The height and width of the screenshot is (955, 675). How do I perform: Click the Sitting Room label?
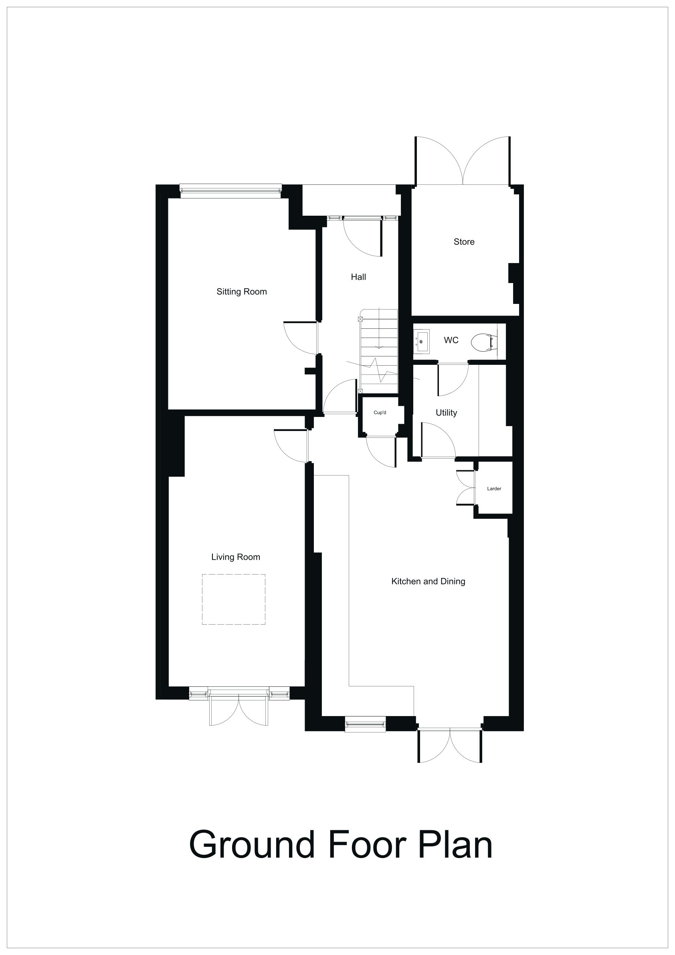pyautogui.click(x=242, y=291)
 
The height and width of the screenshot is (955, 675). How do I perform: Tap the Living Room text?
pyautogui.click(x=235, y=557)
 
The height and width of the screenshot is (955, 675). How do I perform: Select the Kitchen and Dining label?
pyautogui.click(x=428, y=581)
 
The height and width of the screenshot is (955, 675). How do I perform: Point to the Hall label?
pyautogui.click(x=358, y=277)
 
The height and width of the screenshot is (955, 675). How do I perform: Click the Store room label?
pyautogui.click(x=464, y=242)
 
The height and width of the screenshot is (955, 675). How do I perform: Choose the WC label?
pyautogui.click(x=451, y=340)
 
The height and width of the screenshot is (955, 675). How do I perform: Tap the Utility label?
pyautogui.click(x=446, y=413)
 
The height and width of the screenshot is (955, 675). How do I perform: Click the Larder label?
pyautogui.click(x=494, y=489)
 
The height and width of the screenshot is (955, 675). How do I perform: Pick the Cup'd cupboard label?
pyautogui.click(x=380, y=413)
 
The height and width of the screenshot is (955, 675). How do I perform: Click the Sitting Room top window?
pyautogui.click(x=230, y=190)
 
